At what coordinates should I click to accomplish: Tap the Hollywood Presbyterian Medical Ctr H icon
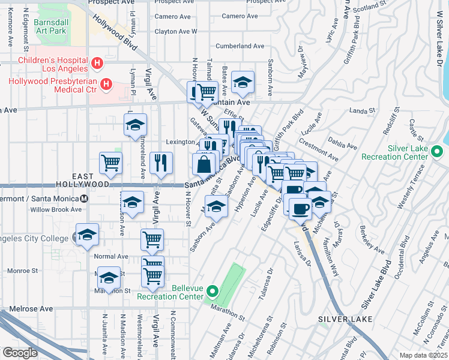click(x=106, y=84)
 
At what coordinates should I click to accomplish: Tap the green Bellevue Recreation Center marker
click(x=211, y=292)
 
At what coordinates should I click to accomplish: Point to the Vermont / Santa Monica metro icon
click(x=84, y=198)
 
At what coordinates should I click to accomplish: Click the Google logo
click(x=20, y=353)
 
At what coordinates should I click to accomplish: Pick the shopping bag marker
click(x=205, y=163)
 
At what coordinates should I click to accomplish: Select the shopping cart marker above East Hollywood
click(x=111, y=162)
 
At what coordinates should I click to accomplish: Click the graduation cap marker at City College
click(x=88, y=234)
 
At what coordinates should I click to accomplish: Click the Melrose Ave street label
click(x=26, y=309)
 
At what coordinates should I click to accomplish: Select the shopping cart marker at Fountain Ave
click(x=206, y=92)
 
